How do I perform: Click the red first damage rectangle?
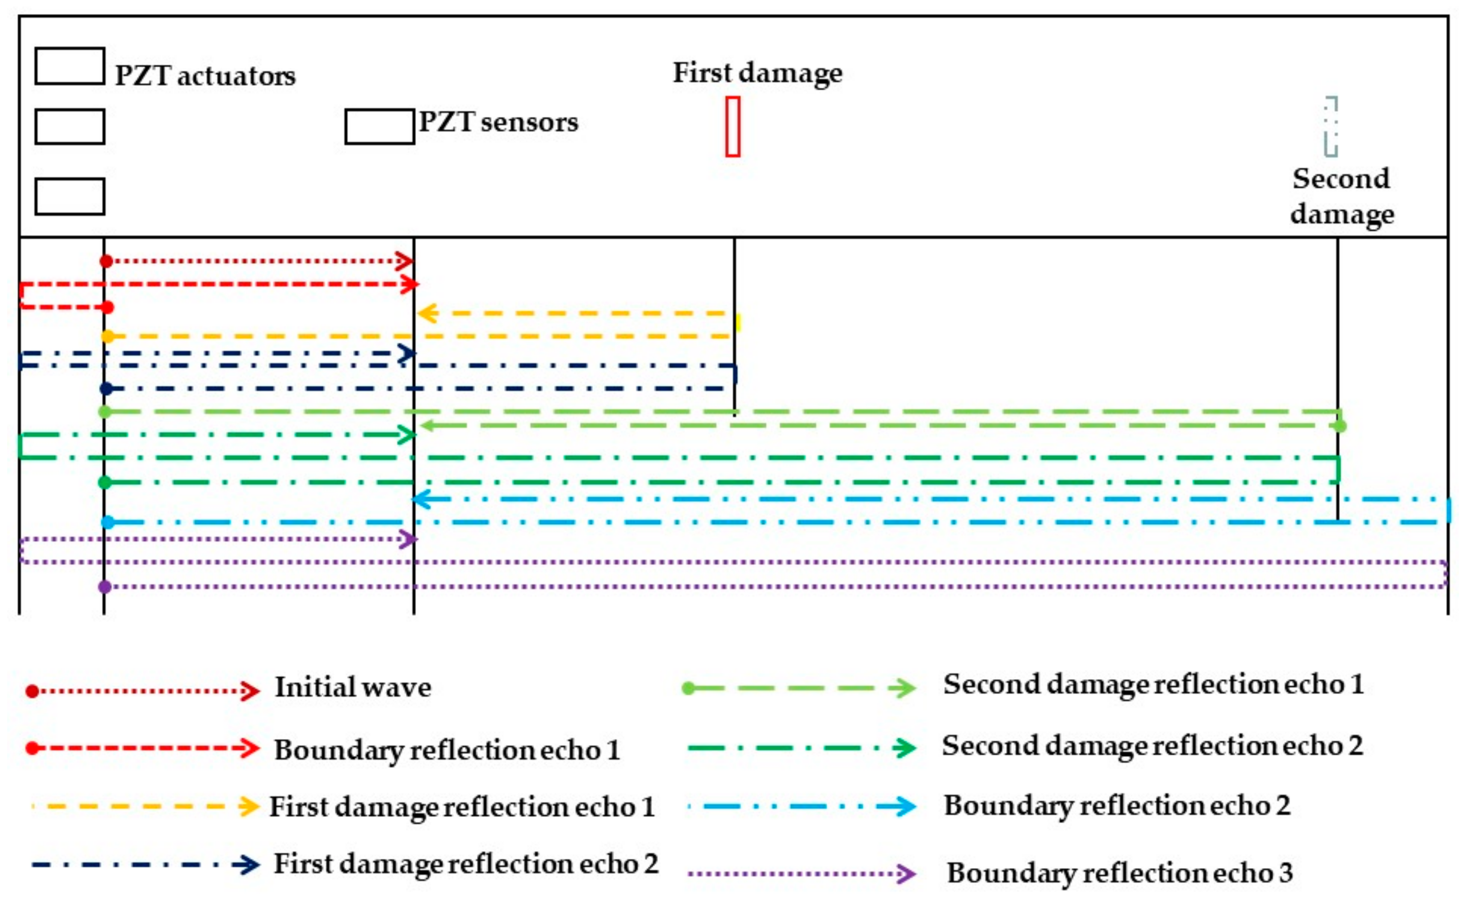733,127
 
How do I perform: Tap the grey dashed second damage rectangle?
1331,127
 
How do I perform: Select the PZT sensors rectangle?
380,127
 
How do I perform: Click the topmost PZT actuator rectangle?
70,66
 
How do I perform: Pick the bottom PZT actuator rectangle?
70,196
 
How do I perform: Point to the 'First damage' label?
757,73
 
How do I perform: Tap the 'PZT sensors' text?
498,122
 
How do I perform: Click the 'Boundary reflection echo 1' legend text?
447,750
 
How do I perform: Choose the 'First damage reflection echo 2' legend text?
466,864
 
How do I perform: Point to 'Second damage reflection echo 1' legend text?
1153,684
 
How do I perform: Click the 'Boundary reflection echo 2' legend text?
1117,806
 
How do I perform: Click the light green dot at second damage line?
1339,426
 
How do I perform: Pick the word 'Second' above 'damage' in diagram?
1341,179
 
